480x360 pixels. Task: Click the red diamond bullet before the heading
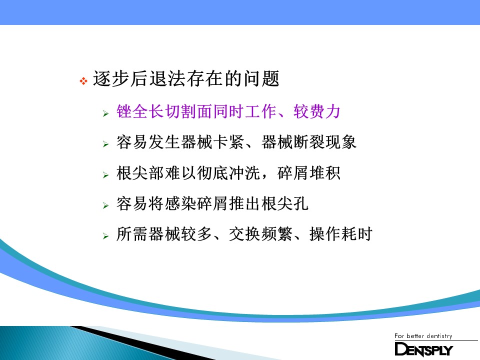click(83, 81)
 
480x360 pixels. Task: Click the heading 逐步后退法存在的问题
click(186, 78)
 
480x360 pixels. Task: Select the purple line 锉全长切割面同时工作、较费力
click(228, 111)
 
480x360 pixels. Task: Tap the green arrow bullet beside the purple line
click(105, 113)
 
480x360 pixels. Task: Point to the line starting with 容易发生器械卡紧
click(236, 142)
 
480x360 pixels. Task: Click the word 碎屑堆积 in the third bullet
click(308, 173)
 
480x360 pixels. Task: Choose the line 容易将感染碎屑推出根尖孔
click(212, 203)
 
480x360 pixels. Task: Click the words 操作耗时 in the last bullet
click(340, 234)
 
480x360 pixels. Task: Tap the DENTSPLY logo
click(423, 349)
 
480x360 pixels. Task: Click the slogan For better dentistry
click(423, 336)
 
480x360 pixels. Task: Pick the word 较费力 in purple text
click(317, 111)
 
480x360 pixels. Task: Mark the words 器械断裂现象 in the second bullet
click(309, 142)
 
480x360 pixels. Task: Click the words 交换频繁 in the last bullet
click(260, 234)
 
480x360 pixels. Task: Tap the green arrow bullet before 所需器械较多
click(105, 236)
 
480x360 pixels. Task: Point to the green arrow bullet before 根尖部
click(105, 175)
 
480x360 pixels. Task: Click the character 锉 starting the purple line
click(124, 111)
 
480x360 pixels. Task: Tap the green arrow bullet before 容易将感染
click(105, 205)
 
